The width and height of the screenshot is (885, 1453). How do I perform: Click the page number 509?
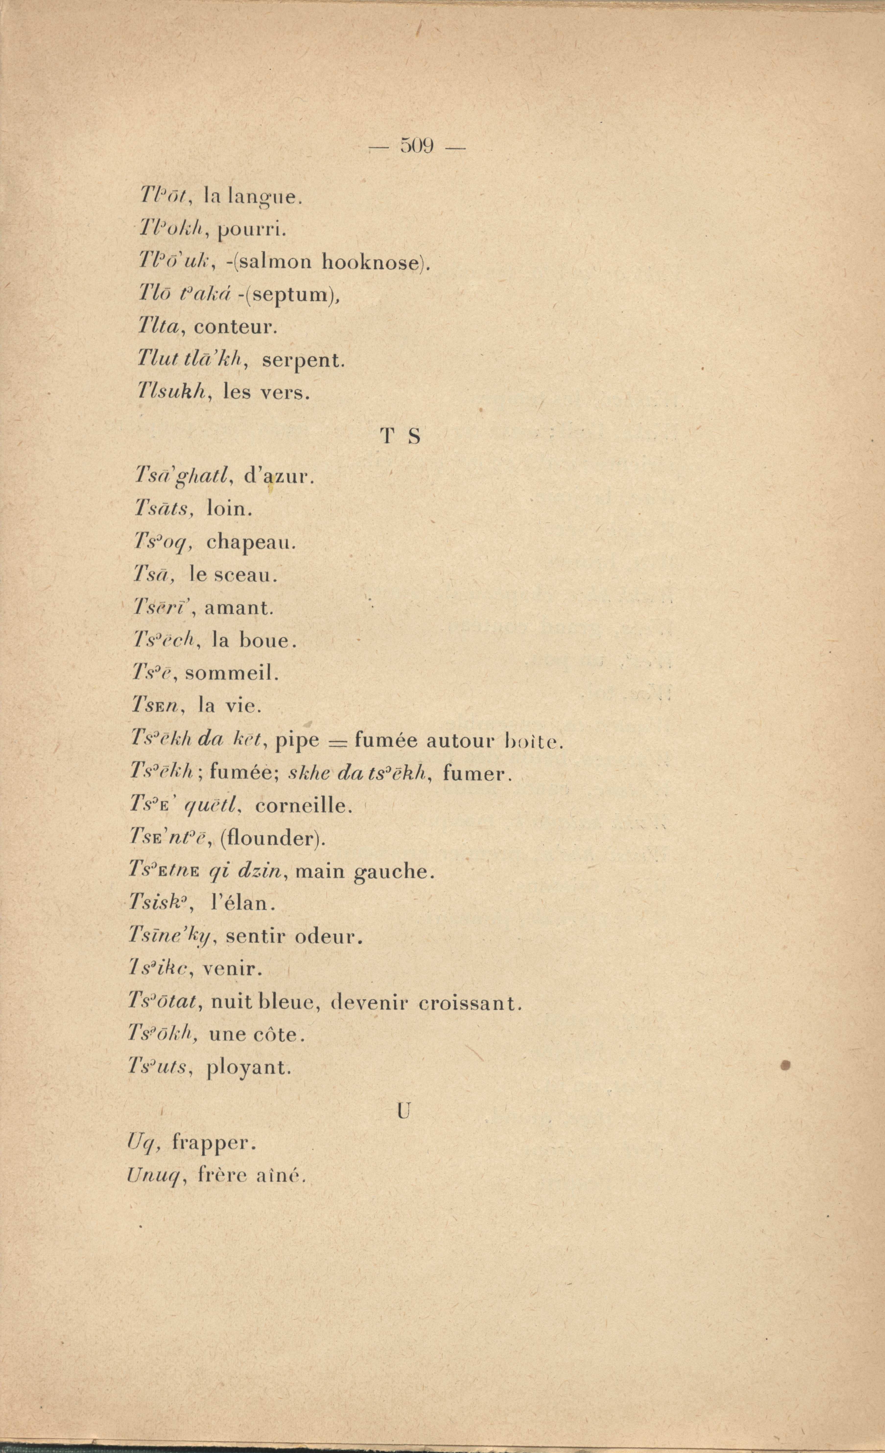417,145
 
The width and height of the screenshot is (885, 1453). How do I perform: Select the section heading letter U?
403,1111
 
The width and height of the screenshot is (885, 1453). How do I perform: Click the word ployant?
249,1067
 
